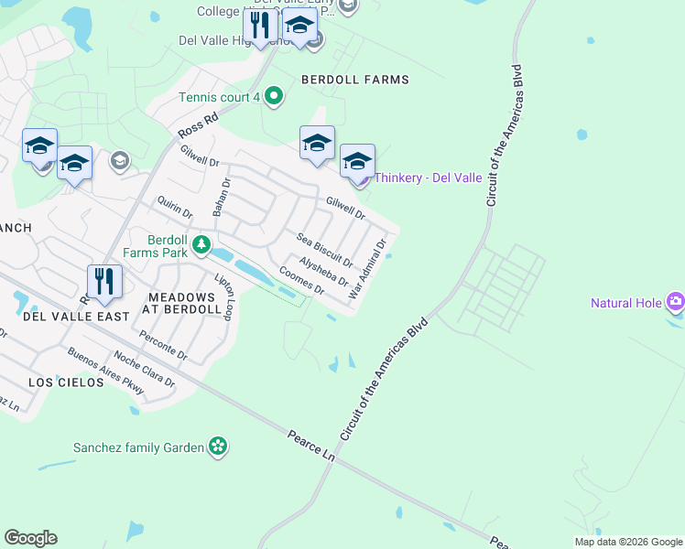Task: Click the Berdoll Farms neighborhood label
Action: click(355, 80)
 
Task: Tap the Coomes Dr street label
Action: click(302, 280)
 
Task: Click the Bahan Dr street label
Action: click(219, 197)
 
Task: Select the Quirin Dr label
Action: click(174, 207)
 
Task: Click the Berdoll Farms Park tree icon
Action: click(201, 245)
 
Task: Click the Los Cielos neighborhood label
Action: click(66, 382)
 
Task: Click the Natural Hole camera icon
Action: click(676, 302)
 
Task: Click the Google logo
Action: click(30, 538)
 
